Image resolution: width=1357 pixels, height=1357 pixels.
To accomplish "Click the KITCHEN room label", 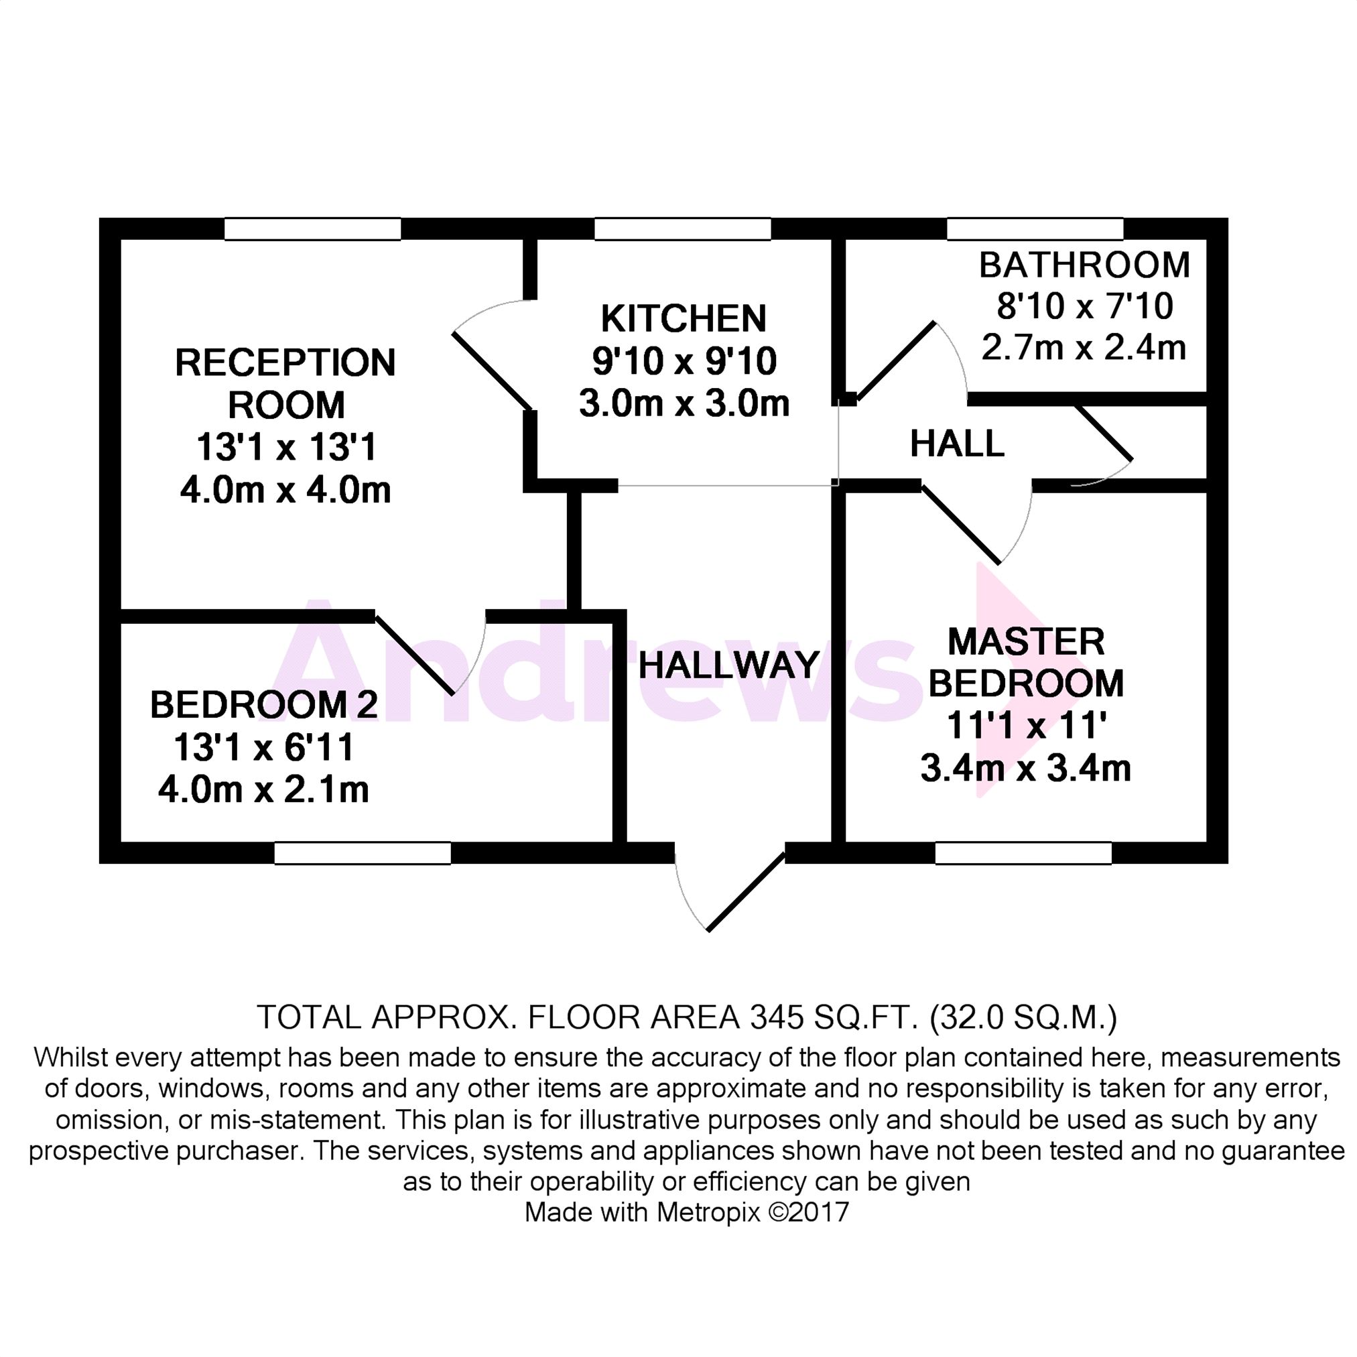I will (683, 319).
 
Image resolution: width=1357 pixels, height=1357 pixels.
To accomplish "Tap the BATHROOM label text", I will (1084, 265).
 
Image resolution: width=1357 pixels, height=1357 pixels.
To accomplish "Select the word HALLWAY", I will (728, 665).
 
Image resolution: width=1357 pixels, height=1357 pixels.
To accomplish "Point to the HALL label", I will (957, 444).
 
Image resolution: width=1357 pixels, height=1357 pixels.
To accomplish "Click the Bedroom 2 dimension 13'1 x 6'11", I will (263, 747).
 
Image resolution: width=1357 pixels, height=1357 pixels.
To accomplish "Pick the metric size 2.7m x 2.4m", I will (1083, 348).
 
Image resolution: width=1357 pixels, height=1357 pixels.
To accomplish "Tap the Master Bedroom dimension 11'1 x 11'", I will (1026, 726).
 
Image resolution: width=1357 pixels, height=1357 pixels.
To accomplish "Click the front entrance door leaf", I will (746, 892).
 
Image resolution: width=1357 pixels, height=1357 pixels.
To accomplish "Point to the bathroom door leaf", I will (896, 360).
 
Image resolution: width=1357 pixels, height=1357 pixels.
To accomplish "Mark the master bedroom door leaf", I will (960, 524).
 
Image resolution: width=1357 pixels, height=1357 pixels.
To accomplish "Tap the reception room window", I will (312, 229).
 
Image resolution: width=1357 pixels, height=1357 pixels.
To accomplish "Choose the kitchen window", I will (682, 229).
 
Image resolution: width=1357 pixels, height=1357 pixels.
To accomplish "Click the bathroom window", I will (1035, 229).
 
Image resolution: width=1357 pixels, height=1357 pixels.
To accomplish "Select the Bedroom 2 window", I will (362, 852).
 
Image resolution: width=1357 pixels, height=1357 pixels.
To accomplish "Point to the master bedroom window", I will (1023, 852).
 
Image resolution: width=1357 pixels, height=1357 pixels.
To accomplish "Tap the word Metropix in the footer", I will (708, 1212).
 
